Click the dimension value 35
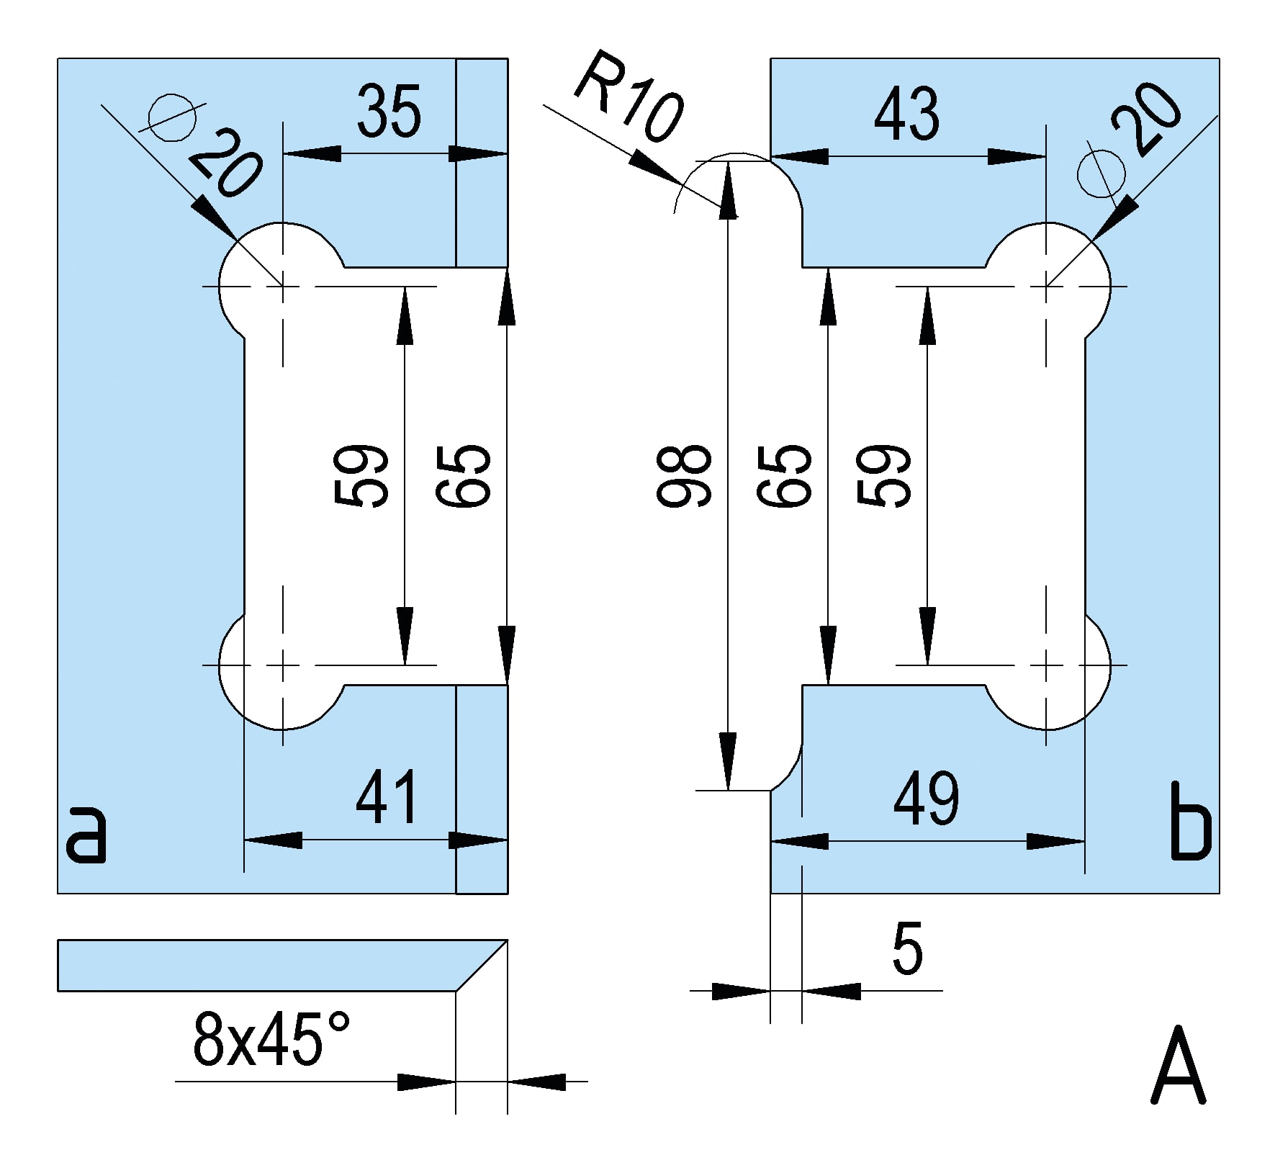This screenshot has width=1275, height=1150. [x=389, y=112]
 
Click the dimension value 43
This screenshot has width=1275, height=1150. [x=906, y=114]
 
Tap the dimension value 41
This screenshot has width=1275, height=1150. [x=387, y=797]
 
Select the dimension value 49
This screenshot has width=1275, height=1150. [x=926, y=799]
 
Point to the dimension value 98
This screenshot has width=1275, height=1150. [x=684, y=475]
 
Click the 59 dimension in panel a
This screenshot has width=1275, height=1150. [x=362, y=475]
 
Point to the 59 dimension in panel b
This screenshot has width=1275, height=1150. [x=884, y=475]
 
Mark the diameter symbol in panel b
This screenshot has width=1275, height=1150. [x=1102, y=174]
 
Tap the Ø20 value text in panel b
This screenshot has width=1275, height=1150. [x=1147, y=118]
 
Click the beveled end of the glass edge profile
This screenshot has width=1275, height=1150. [x=481, y=965]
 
